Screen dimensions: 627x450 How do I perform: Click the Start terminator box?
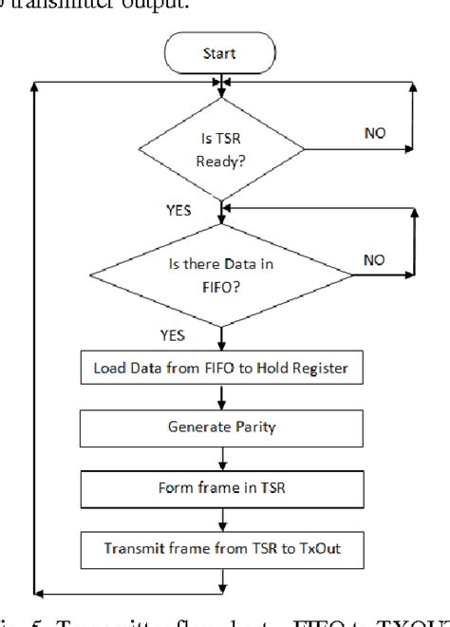[219, 54]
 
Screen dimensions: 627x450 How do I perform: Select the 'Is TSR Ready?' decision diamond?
[220, 148]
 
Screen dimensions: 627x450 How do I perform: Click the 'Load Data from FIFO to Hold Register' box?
[220, 368]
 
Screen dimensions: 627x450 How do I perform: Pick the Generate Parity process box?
[220, 427]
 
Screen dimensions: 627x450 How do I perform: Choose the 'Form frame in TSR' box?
[220, 488]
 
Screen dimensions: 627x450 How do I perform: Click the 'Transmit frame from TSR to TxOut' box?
[220, 547]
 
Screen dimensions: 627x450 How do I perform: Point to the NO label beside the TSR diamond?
[375, 133]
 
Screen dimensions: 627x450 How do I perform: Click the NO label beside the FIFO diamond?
[376, 258]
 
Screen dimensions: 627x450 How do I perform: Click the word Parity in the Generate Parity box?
[251, 427]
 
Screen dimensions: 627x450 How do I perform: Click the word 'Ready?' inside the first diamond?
[220, 161]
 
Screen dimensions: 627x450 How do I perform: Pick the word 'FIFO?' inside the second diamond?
[220, 282]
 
